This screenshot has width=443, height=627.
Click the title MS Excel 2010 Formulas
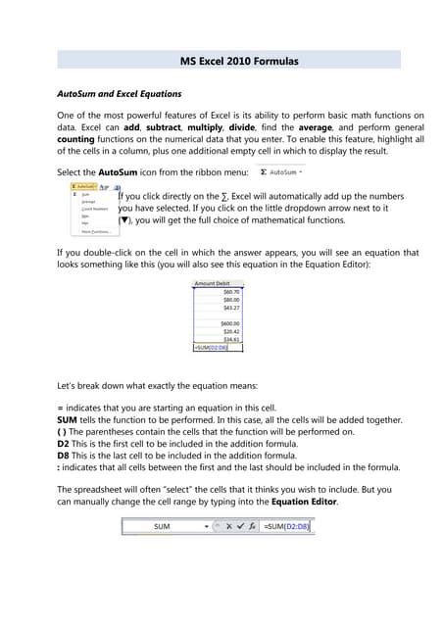239,61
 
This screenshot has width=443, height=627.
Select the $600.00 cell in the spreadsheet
230,323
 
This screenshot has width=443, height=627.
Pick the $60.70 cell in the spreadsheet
231,292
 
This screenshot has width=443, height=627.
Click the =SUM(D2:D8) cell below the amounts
217,347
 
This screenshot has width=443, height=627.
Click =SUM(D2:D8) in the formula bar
285,526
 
